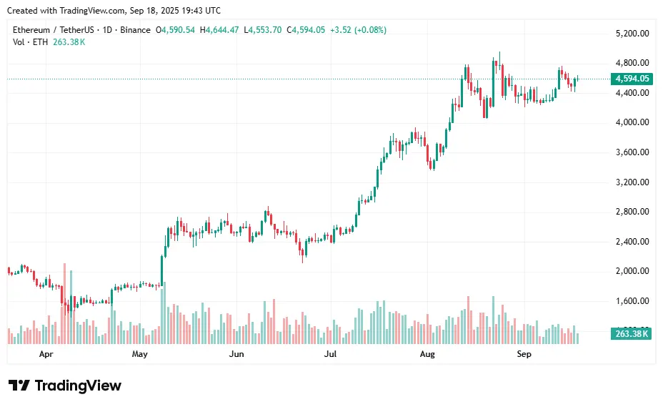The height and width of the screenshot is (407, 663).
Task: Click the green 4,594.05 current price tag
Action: tap(631, 79)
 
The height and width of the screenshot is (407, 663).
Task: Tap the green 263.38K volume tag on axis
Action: tap(631, 334)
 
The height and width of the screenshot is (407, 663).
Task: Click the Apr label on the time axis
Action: tap(46, 354)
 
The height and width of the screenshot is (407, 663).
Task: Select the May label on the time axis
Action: tap(139, 354)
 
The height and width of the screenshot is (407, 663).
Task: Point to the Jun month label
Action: tap(236, 354)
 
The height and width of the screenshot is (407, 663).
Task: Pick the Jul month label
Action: tap(330, 354)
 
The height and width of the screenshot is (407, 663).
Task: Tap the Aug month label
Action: tap(427, 354)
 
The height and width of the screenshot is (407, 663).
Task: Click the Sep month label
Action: tap(524, 354)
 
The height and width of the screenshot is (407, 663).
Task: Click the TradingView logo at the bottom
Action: tap(65, 386)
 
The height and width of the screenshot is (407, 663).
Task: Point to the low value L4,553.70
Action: tap(263, 30)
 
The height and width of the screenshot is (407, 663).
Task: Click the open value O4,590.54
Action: tap(176, 30)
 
